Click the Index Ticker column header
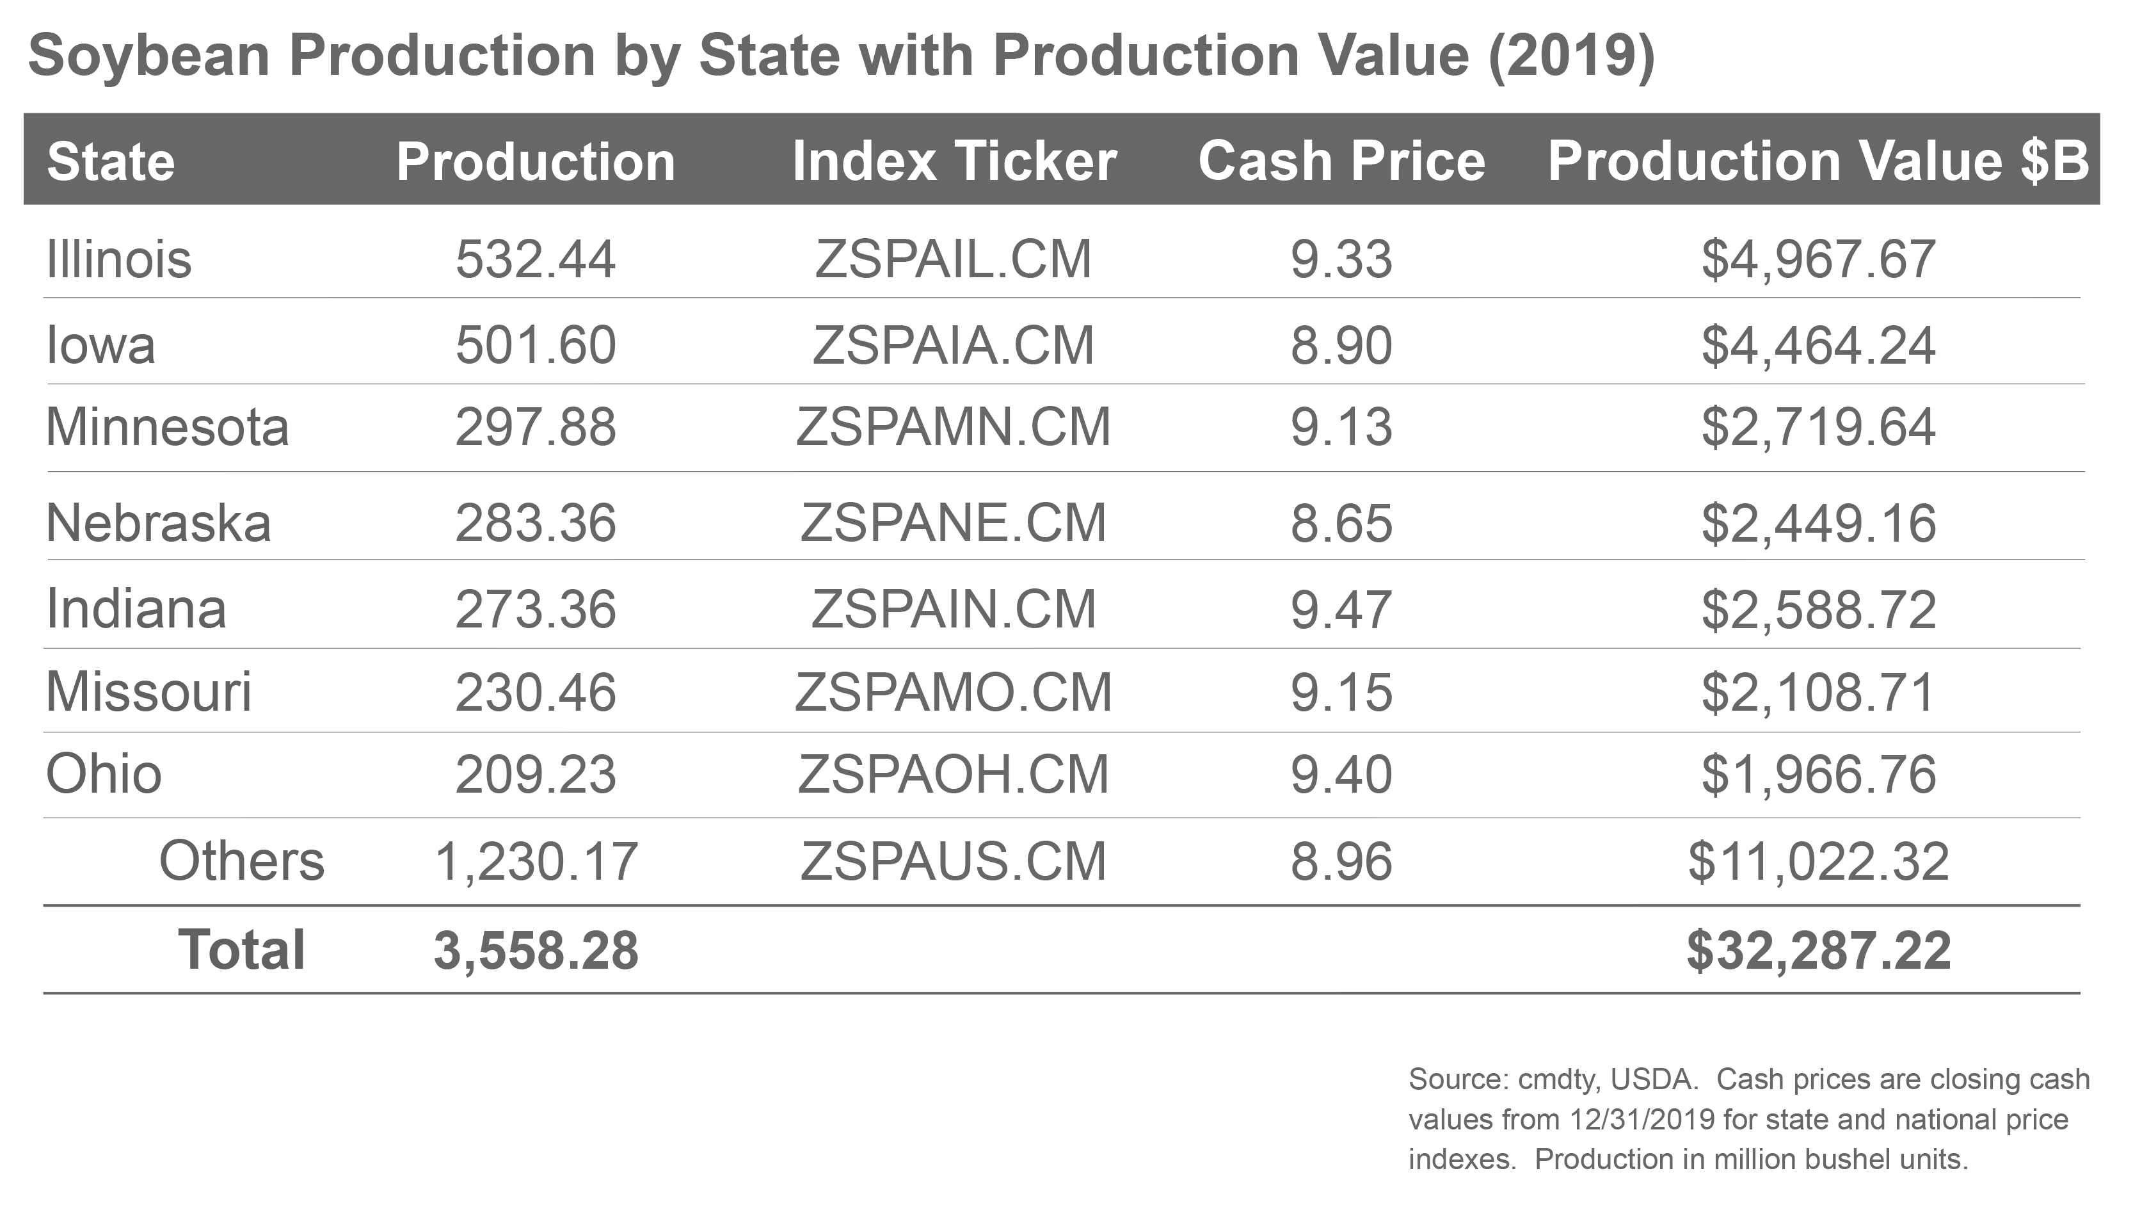954,161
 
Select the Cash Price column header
1341,161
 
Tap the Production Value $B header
1818,161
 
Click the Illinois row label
118,259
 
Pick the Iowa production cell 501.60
536,345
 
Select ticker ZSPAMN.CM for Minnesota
953,427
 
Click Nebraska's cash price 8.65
1341,523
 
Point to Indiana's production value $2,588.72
1818,610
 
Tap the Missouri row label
148,691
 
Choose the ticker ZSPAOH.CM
953,774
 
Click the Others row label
241,861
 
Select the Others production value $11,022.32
1818,861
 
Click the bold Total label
241,950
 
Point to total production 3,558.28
536,951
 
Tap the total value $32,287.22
1818,951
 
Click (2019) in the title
1570,56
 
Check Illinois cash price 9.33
1341,259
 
